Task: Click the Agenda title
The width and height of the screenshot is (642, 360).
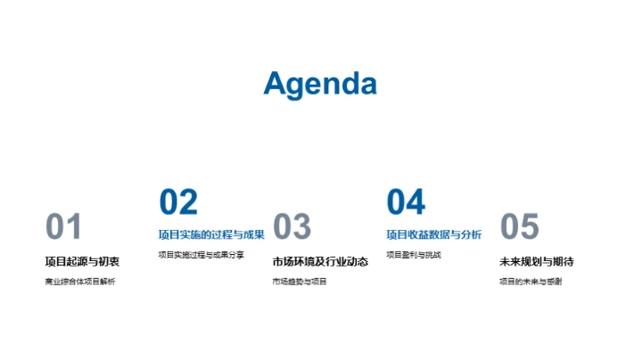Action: (x=320, y=84)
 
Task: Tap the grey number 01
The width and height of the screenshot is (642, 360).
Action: (x=63, y=227)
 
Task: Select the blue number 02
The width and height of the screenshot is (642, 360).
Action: (x=178, y=202)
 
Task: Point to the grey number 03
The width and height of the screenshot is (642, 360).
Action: (x=292, y=227)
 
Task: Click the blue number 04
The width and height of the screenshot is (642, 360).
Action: (x=406, y=202)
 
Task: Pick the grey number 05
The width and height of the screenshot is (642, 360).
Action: (x=520, y=227)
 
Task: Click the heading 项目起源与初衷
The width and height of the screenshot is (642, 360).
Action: (x=82, y=262)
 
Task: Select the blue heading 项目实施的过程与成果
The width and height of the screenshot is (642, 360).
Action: (x=211, y=235)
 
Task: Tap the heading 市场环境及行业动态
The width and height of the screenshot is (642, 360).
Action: (x=320, y=262)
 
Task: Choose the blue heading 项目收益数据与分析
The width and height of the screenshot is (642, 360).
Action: (x=434, y=235)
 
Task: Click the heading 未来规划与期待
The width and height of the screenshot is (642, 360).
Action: (x=536, y=262)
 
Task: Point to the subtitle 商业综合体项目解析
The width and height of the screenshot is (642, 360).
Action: (x=80, y=282)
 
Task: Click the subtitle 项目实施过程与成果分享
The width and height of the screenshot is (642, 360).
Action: (x=201, y=255)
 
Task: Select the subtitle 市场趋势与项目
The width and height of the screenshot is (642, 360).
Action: (x=300, y=282)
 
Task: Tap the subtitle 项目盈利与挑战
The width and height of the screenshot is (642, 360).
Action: (x=414, y=255)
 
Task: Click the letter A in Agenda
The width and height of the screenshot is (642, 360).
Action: (x=277, y=84)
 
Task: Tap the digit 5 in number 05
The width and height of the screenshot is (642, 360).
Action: (x=531, y=227)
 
